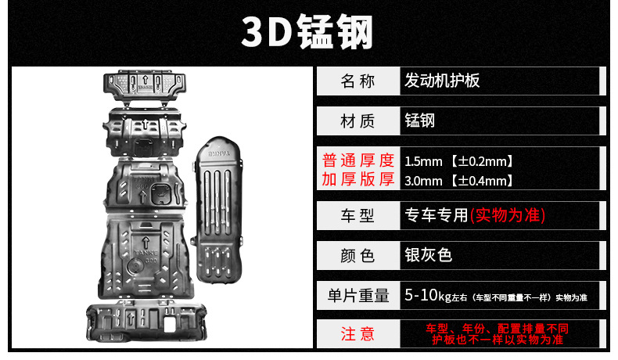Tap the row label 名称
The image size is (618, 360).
tap(358, 81)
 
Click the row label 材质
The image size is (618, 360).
tap(358, 121)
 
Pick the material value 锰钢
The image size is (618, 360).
tap(420, 121)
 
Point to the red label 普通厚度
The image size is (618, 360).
tap(358, 161)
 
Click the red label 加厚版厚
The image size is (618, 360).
tap(358, 180)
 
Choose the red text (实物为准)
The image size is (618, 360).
tap(509, 214)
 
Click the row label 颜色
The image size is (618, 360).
tap(358, 255)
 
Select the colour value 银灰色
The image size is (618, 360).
tap(429, 255)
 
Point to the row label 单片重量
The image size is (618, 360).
tap(358, 296)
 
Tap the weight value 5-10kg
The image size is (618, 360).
tap(423, 296)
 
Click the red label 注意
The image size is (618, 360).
tap(358, 334)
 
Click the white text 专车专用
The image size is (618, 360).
tap(437, 214)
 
